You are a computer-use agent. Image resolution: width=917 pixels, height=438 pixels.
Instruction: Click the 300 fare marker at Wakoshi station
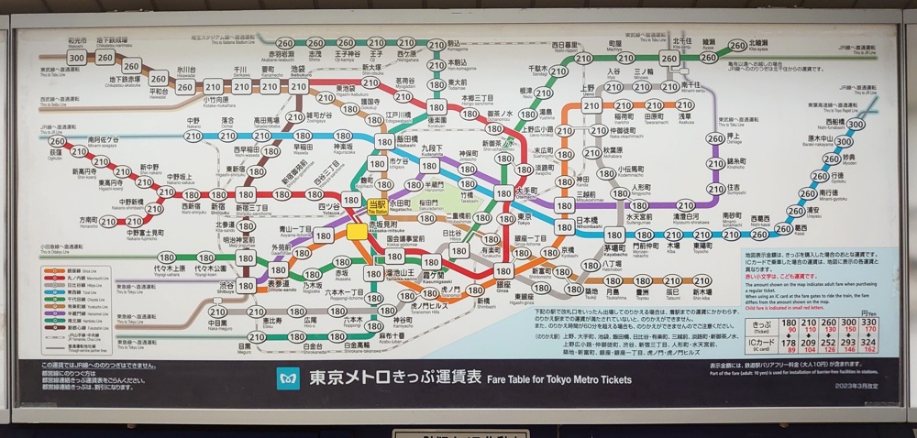click(77, 58)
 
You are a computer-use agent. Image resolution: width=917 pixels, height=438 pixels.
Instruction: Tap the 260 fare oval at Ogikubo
click(58, 141)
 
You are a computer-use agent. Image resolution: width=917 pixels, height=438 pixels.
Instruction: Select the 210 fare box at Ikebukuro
click(297, 87)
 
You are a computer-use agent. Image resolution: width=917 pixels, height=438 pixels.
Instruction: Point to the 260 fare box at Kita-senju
click(669, 59)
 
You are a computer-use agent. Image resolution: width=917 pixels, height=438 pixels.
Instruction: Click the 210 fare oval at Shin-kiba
click(702, 281)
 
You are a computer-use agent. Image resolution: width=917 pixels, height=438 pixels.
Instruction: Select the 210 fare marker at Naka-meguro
click(216, 312)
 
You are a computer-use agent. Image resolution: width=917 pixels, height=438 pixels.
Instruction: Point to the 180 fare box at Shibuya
click(246, 286)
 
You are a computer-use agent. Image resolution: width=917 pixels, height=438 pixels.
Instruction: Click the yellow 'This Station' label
click(375, 205)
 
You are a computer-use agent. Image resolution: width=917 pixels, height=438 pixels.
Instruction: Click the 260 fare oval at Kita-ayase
click(737, 45)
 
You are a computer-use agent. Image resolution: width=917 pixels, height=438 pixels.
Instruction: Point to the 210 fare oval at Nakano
click(193, 136)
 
